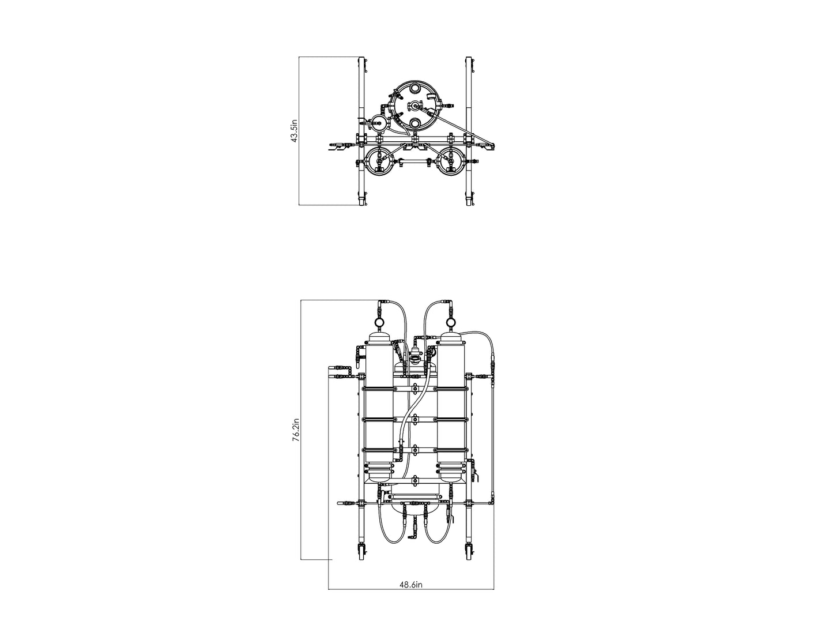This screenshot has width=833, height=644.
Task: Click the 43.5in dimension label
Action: click(x=294, y=131)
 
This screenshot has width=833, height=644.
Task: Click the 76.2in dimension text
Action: click(x=295, y=430)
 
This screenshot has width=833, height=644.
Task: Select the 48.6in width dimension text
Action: click(x=412, y=584)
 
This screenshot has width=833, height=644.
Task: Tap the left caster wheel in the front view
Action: click(x=361, y=551)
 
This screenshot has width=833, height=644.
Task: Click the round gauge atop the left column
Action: click(x=378, y=322)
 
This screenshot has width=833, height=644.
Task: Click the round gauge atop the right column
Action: click(x=450, y=322)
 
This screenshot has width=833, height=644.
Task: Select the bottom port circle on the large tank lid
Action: click(x=414, y=123)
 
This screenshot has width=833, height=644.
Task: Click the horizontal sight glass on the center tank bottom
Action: click(x=414, y=495)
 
